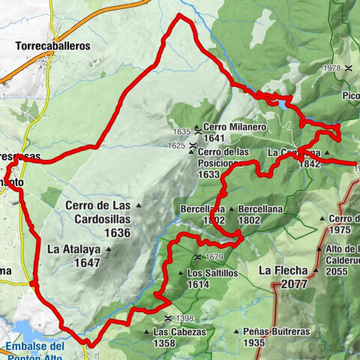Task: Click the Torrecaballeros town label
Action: click(52, 45)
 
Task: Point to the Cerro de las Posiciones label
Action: click(224, 151)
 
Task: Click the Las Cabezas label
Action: click(175, 331)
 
